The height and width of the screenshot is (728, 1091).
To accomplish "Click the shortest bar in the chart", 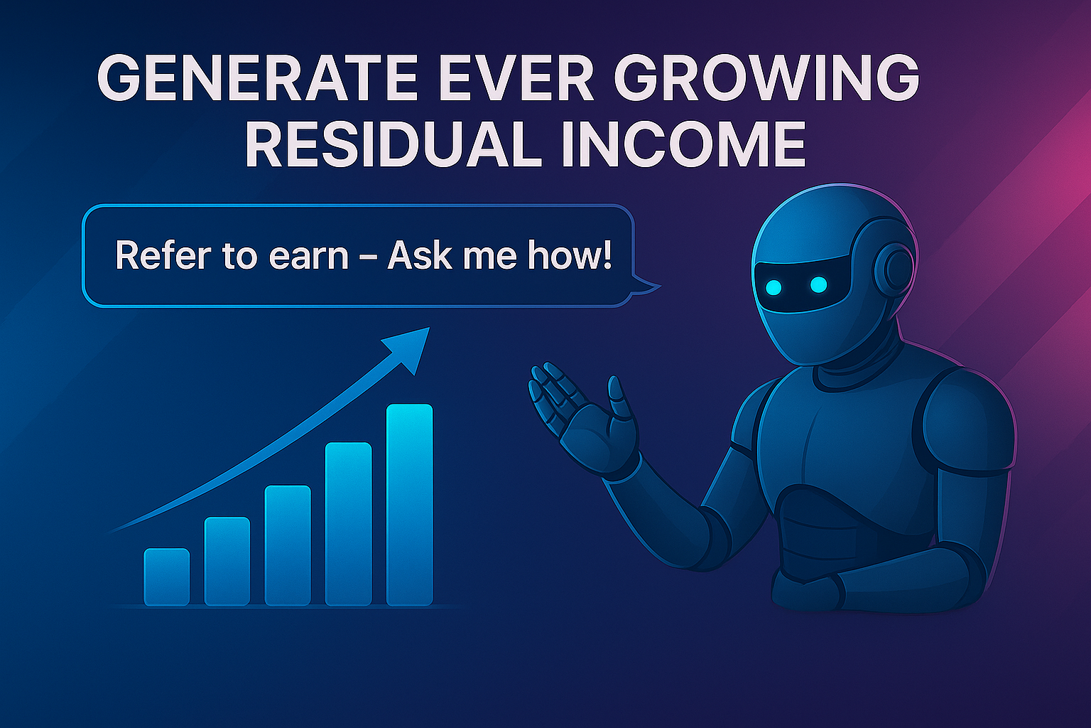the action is pos(167,577).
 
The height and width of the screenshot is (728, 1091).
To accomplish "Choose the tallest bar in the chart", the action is pos(409,505).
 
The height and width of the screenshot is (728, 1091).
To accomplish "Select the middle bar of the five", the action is pos(288,545).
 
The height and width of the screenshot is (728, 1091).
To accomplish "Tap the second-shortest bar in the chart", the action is pos(227,561).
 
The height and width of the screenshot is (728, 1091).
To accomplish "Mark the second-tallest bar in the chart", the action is pos(348,524).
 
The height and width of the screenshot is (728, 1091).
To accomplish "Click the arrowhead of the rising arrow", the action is pos(408,347).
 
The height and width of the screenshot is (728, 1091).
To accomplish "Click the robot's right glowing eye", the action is pos(818,284).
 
